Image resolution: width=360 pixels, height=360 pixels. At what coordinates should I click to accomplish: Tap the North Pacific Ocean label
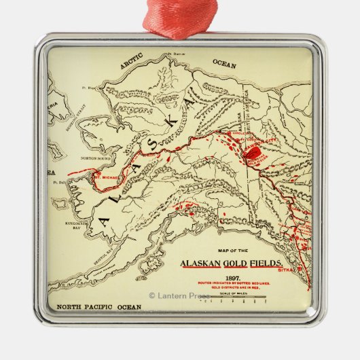98,307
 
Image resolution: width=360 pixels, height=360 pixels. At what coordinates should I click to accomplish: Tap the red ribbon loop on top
180,17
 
